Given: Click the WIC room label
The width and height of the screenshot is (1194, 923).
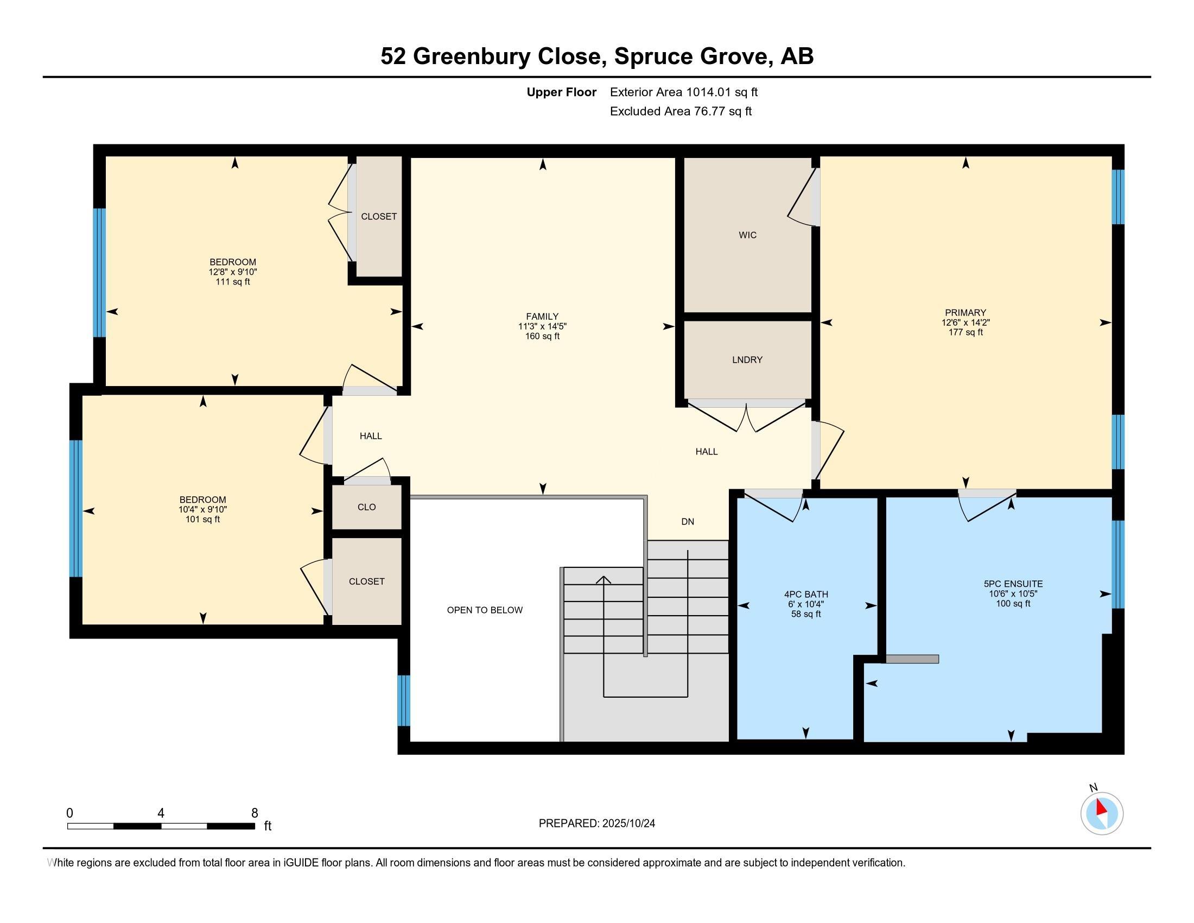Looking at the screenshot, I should (747, 235).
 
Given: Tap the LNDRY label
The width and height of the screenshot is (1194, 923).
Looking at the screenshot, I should (747, 360).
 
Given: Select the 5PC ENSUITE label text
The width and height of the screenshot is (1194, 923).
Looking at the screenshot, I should (1013, 584).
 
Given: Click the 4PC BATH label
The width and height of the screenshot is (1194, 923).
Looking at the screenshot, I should (806, 595).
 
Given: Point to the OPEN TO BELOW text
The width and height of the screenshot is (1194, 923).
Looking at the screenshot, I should (485, 610).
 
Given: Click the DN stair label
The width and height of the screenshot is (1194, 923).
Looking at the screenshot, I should (688, 522).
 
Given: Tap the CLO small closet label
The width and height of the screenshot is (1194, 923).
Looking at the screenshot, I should (366, 508).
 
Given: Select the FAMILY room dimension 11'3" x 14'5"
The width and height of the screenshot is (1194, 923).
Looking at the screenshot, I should (542, 326).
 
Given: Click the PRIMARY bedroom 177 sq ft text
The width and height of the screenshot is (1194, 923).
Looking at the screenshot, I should (966, 332).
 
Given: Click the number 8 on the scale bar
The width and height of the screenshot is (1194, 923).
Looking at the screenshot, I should (254, 813).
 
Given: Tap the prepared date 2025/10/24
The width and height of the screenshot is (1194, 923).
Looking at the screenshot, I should (628, 824).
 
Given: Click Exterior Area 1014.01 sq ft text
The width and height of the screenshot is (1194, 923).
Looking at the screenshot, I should (683, 92).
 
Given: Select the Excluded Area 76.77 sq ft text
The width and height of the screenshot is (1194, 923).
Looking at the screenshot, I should (681, 111).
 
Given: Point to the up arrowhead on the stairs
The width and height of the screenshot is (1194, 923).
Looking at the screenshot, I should (604, 580).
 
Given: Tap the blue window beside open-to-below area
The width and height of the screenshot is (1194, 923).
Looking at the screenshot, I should (403, 700).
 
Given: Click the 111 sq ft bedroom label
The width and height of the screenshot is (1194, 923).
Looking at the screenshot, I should (233, 282).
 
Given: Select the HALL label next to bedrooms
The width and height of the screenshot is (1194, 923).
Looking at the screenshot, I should (371, 437).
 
